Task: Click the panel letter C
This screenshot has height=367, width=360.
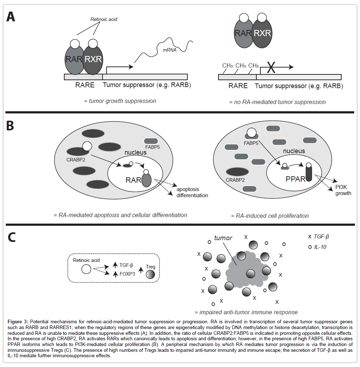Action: (11, 237)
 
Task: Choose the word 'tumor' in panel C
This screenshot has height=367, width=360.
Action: (223, 238)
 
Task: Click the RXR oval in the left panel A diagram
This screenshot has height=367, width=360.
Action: (94, 59)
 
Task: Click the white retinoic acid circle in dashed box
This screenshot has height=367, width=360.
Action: (86, 269)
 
